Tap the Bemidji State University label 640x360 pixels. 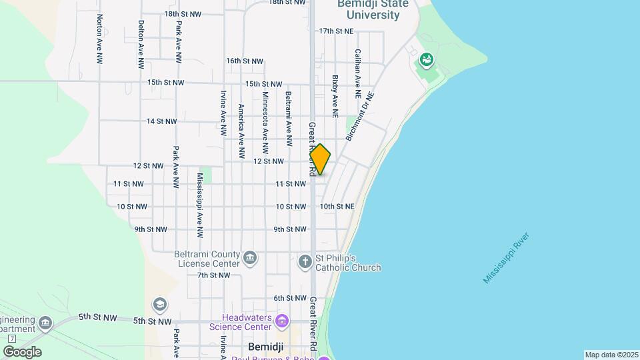coord(369,9)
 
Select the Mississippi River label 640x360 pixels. coord(507,258)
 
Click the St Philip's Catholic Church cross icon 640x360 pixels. coord(305,261)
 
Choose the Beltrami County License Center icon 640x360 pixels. coord(250,258)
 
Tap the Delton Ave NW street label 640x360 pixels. coord(141,45)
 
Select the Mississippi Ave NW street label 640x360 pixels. coord(199,205)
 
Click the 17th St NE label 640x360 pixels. coord(335,31)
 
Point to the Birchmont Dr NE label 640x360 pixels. coord(361,116)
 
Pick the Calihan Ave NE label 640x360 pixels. coord(358,75)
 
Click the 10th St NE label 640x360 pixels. coord(337,207)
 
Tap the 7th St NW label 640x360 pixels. coord(213,275)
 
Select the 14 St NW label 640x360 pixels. coord(161,121)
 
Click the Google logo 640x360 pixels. coord(22,352)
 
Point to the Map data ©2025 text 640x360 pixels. coord(611,355)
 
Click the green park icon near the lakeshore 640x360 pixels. coord(426,62)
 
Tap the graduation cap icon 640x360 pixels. coord(159,305)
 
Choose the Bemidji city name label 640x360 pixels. coord(266,347)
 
